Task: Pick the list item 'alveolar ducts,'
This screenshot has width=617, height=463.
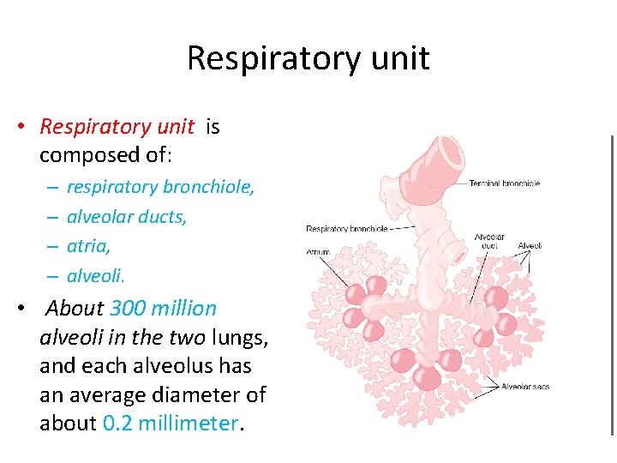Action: tap(127, 217)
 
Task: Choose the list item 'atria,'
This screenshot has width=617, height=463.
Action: tap(89, 246)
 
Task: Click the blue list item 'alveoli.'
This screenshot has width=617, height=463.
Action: tap(95, 275)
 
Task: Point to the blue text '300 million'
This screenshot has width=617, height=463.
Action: tap(163, 308)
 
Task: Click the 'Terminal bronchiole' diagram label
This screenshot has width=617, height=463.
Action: tap(504, 183)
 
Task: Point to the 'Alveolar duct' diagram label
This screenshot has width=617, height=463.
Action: tap(489, 241)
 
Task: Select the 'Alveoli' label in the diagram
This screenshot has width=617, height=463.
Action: tap(530, 246)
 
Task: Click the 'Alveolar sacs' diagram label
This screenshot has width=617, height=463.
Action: tap(524, 387)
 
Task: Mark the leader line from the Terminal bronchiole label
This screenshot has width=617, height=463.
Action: tap(458, 183)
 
